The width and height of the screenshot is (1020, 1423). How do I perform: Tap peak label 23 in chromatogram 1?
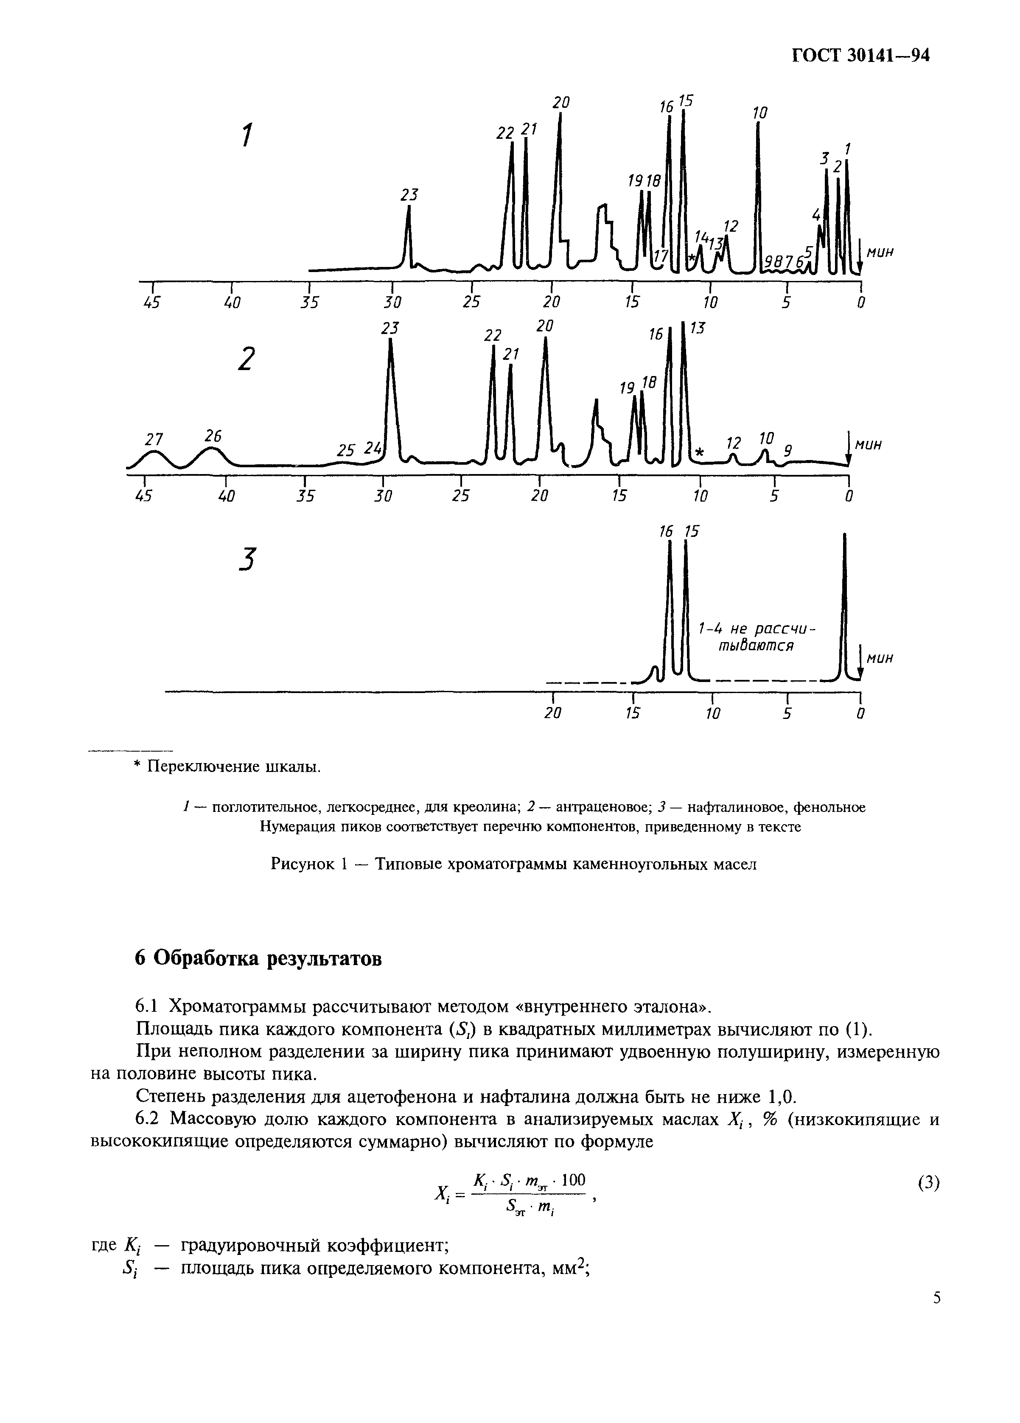click(x=409, y=195)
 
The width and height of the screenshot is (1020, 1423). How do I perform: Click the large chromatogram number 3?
click(x=248, y=559)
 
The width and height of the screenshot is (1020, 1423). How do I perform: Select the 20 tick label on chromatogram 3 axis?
click(x=552, y=713)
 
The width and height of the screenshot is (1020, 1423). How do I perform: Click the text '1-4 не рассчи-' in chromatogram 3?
click(x=759, y=629)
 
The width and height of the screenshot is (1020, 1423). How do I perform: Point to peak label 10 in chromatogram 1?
click(x=759, y=113)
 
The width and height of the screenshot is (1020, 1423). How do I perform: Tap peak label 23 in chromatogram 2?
click(x=390, y=328)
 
